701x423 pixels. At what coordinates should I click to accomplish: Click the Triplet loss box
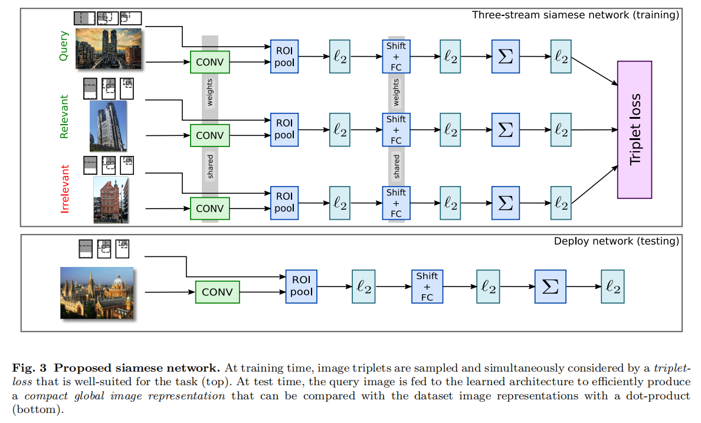tap(634, 129)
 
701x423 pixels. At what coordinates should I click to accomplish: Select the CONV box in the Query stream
tap(209, 62)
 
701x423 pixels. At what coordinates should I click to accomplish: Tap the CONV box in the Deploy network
tap(218, 292)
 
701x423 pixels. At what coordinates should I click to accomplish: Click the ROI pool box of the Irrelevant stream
tap(284, 202)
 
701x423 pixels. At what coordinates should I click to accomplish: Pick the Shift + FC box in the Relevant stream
tap(396, 130)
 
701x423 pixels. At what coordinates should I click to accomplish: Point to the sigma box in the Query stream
tap(506, 57)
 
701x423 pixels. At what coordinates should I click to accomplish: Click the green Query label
tap(64, 46)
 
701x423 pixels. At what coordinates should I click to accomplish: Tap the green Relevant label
tap(64, 116)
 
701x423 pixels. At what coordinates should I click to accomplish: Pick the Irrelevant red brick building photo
tap(111, 200)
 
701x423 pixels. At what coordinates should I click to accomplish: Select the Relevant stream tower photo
tap(108, 126)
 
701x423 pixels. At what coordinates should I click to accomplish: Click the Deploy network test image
tap(97, 293)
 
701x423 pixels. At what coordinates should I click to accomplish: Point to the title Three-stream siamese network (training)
tap(576, 15)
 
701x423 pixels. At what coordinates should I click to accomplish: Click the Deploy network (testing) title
tap(617, 241)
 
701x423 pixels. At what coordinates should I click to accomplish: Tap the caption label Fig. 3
tap(27, 367)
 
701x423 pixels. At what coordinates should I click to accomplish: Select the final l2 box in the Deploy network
tap(612, 287)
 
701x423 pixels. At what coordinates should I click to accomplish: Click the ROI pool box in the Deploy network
tap(301, 286)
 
